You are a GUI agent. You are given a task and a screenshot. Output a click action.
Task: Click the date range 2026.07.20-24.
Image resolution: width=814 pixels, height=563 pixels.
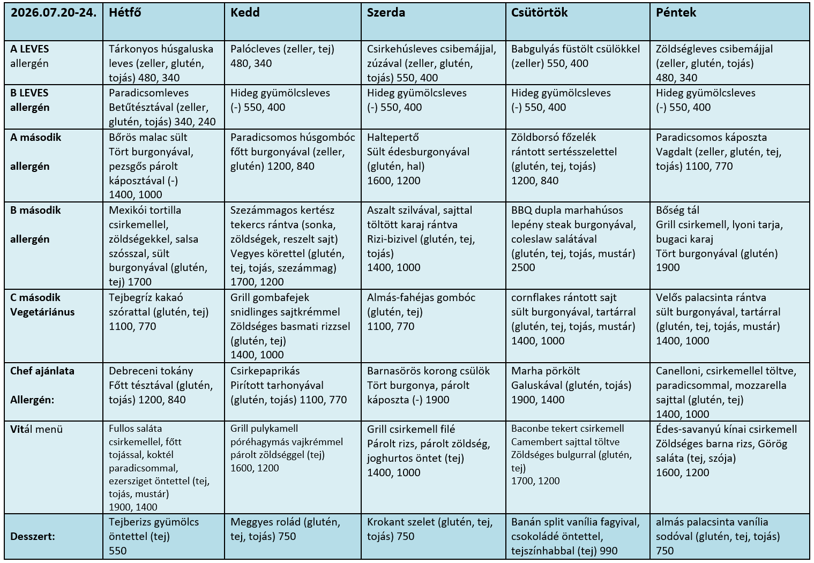pos(54,13)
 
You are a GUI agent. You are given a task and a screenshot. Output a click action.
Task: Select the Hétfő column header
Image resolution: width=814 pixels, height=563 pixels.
pos(125,13)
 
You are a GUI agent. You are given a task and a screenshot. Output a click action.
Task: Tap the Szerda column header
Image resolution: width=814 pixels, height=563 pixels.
pos(386,13)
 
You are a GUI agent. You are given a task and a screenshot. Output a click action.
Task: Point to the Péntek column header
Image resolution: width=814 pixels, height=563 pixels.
pos(676,13)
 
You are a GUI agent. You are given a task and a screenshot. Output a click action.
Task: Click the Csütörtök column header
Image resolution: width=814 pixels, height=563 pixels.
pos(539,13)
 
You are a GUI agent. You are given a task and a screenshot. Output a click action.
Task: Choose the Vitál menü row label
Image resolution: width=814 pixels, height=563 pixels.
pos(36,429)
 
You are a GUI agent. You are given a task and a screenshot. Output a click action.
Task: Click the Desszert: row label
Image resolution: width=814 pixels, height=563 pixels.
pos(33,537)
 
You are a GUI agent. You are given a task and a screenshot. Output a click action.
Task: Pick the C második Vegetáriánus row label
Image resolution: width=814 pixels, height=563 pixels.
pos(42,305)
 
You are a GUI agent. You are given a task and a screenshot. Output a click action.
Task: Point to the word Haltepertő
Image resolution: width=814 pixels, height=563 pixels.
pos(393,137)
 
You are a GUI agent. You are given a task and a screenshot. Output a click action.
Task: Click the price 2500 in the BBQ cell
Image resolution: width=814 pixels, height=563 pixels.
pos(523,267)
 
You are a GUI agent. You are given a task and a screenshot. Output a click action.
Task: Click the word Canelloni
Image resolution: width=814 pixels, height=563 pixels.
pos(679,371)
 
